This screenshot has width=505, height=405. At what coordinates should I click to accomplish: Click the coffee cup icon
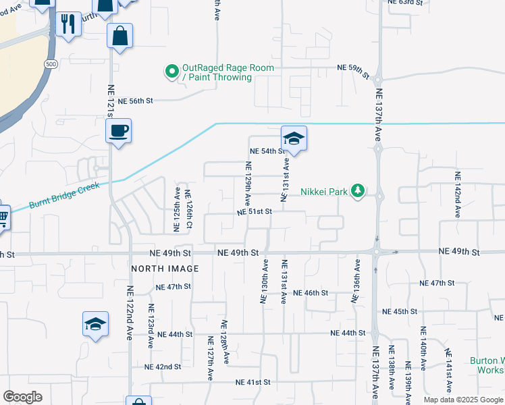pyautogui.click(x=118, y=130)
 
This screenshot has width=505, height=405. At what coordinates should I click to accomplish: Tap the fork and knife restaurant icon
pyautogui.click(x=67, y=25)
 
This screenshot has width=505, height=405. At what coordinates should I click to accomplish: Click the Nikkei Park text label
pyautogui.click(x=323, y=192)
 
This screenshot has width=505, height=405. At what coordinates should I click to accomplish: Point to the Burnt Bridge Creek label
pyautogui.click(x=63, y=196)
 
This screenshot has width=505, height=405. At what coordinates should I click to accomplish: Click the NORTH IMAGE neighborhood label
pyautogui.click(x=165, y=269)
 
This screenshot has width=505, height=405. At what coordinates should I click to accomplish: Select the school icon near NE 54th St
pyautogui.click(x=294, y=139)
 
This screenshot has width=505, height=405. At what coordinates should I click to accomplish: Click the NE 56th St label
pyautogui.click(x=136, y=101)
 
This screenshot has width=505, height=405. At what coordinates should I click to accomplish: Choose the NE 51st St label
pyautogui.click(x=254, y=211)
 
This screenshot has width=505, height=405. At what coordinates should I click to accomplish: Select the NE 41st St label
pyautogui.click(x=253, y=382)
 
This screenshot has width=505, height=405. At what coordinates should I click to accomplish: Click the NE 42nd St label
pyautogui.click(x=163, y=367)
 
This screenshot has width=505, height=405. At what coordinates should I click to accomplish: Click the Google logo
pyautogui.click(x=22, y=397)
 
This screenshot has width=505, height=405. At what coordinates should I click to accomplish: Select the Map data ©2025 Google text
pyautogui.click(x=463, y=400)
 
